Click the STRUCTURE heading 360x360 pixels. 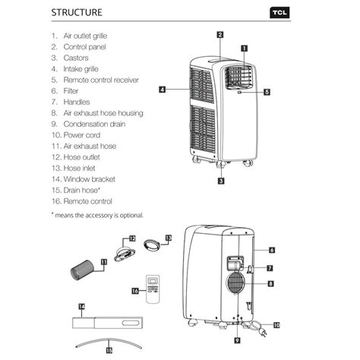click(x=78, y=13)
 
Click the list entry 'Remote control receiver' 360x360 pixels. click(x=102, y=79)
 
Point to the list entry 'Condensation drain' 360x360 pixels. click(x=94, y=123)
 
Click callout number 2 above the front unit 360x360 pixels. click(x=219, y=34)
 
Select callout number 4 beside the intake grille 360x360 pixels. click(x=163, y=90)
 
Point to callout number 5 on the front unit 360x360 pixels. click(x=267, y=92)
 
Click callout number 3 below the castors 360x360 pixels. click(x=220, y=181)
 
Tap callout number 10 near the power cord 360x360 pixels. click(x=276, y=324)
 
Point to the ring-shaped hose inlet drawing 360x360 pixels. click(x=153, y=245)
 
